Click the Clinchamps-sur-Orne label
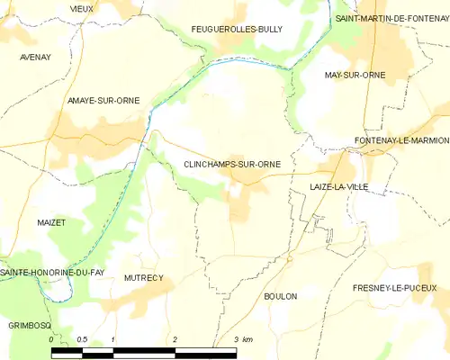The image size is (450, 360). [231, 165]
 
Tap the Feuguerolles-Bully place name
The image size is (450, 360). [237, 30]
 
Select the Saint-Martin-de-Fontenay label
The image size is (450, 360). [391, 18]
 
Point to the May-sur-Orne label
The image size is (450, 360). [355, 76]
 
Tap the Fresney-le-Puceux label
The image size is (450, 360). [401, 288]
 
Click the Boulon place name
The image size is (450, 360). [281, 296]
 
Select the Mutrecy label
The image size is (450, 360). [144, 278]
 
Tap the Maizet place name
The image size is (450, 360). [52, 221]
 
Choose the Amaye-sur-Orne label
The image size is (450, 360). [103, 101]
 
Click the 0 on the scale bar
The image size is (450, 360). [51, 339]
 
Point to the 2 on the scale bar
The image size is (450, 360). [175, 339]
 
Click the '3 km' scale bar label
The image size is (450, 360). [242, 339]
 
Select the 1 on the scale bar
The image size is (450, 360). [112, 339]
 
